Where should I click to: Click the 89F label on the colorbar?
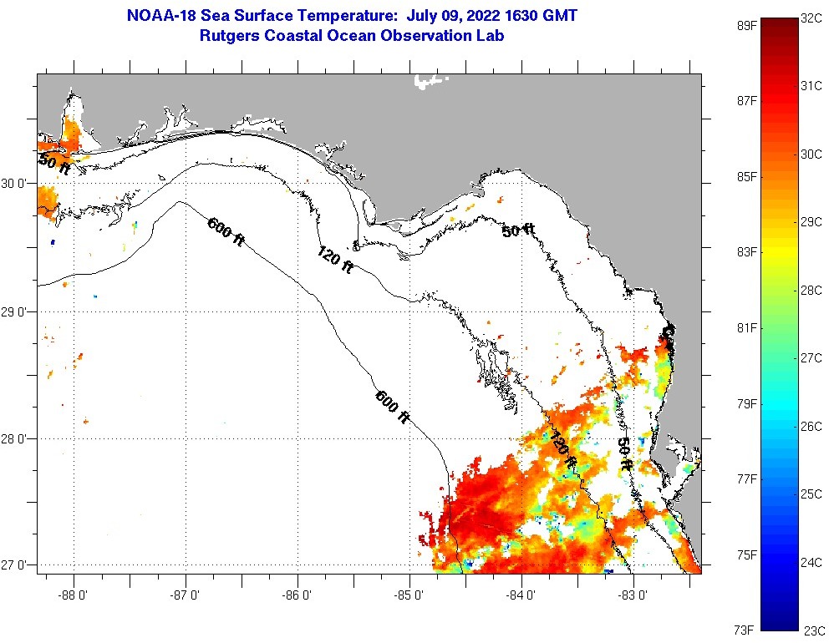click(x=745, y=25)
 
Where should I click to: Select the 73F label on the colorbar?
click(x=745, y=630)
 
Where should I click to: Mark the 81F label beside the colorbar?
click(x=745, y=327)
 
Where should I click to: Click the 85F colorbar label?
click(x=745, y=176)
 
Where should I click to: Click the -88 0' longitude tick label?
click(x=74, y=595)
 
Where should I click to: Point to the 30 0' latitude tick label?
click(x=18, y=184)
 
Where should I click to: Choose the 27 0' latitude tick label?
click(x=18, y=565)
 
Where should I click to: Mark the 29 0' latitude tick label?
click(x=18, y=311)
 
